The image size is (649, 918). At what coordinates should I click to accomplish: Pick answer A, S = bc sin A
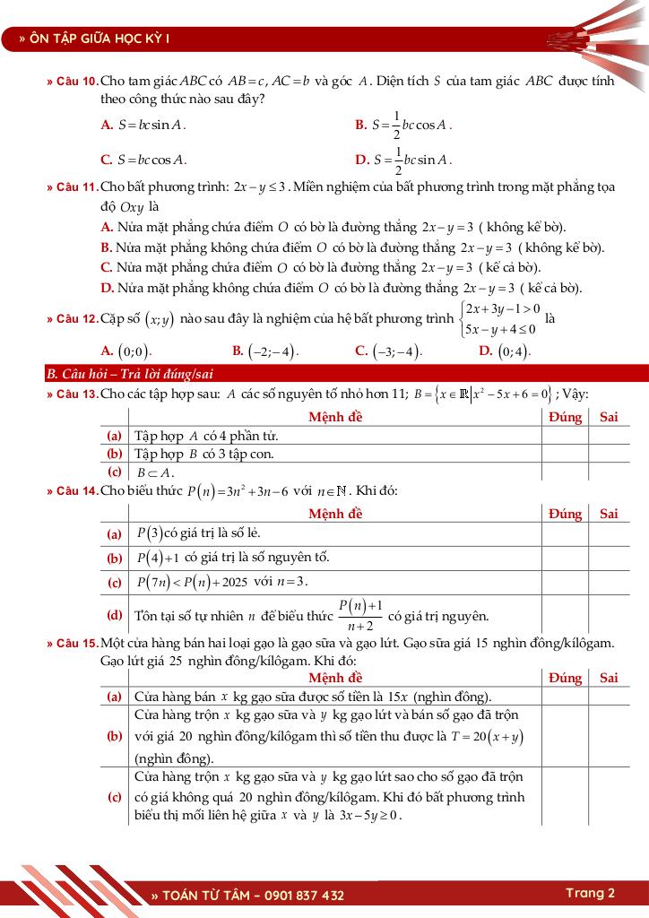click(x=144, y=126)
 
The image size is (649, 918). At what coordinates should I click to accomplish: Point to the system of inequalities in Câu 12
click(x=498, y=319)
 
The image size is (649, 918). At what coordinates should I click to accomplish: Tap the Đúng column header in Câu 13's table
click(x=565, y=417)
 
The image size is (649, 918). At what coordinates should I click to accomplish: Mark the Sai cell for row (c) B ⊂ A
click(x=609, y=471)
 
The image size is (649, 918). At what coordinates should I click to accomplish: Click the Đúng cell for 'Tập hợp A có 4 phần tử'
click(x=565, y=436)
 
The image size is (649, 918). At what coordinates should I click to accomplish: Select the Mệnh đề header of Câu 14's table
click(x=335, y=514)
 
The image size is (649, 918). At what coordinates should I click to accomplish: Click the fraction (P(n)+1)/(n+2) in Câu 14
click(x=360, y=615)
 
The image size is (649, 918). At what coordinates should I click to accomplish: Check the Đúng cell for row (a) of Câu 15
click(x=565, y=696)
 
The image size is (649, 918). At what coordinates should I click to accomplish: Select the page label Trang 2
click(x=590, y=893)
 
